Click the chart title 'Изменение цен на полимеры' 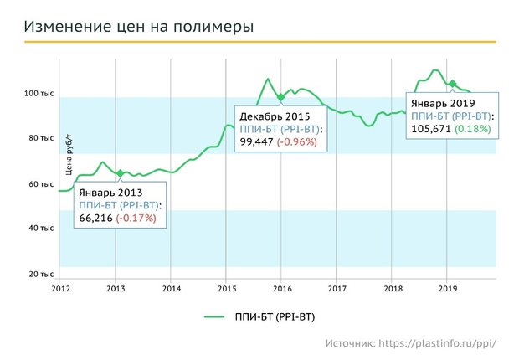138,27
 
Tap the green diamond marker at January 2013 121,173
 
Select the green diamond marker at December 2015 281,97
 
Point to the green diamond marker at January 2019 452,84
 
